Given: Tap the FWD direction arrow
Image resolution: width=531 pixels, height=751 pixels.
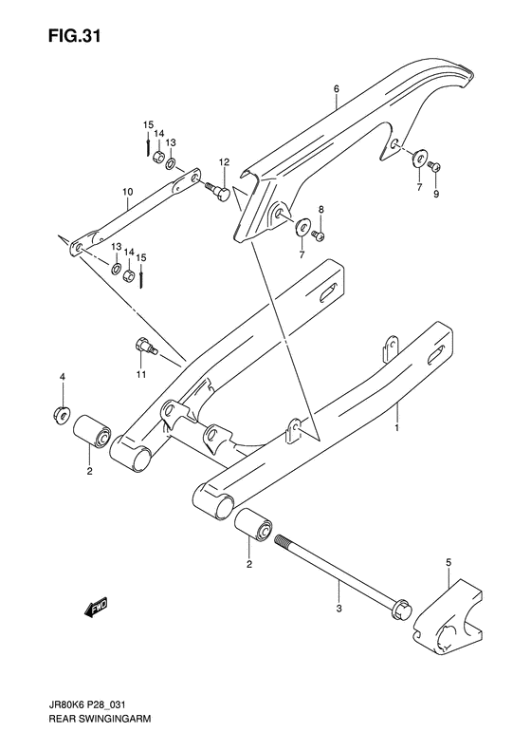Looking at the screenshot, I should [x=96, y=605].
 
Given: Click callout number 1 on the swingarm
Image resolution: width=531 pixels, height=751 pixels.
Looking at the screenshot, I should [x=397, y=429].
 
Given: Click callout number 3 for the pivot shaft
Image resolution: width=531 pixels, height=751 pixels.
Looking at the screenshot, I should [x=339, y=605].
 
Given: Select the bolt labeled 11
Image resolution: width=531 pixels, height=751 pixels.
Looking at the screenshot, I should [x=144, y=347].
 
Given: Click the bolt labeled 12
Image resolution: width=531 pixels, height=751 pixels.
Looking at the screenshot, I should [x=218, y=193].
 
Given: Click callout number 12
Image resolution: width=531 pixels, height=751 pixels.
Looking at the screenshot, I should [x=224, y=164].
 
